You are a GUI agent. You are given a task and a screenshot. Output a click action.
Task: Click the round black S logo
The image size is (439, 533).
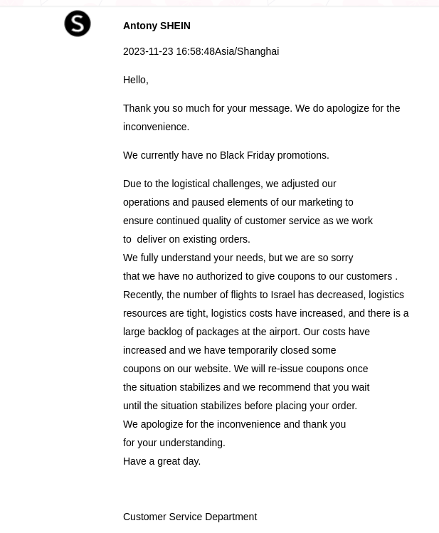point(78,23)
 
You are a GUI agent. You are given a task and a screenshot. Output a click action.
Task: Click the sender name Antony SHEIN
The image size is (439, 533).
point(157,26)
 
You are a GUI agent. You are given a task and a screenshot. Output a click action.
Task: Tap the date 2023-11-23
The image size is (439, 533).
point(148,51)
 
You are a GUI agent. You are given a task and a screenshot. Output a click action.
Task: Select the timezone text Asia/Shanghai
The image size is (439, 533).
point(247,51)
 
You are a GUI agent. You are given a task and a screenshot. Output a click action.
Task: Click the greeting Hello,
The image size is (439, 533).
point(135,80)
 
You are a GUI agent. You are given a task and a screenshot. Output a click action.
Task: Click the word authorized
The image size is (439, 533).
point(219,276)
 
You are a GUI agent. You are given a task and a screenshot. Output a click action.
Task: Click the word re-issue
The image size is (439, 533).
point(285,369)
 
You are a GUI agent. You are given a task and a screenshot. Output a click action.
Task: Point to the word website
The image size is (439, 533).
point(211,369)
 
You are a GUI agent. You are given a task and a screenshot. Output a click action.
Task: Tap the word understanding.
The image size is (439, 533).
point(192,443)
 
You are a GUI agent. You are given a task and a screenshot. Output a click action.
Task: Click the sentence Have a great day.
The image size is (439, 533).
point(162,461)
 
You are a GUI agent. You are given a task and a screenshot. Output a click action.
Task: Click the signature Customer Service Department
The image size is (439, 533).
point(190,517)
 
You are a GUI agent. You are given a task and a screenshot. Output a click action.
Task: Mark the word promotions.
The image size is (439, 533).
point(302,155)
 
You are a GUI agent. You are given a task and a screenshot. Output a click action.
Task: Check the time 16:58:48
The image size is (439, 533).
point(195,51)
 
